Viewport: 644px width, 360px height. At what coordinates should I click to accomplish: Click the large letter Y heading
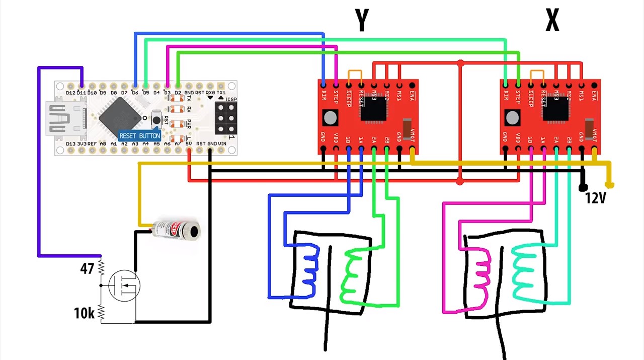click(x=362, y=21)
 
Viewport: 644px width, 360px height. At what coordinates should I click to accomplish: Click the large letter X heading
click(x=552, y=21)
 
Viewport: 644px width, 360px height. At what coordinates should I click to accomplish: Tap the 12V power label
click(x=595, y=198)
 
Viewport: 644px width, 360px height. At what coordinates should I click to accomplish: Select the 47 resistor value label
click(x=87, y=269)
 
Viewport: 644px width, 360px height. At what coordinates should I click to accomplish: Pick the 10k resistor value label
click(x=84, y=313)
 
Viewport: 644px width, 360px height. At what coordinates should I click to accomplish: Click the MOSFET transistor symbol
click(x=124, y=286)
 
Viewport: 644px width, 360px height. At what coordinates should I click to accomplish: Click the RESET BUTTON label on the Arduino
click(x=139, y=135)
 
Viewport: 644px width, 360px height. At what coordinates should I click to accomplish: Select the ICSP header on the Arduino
click(x=226, y=118)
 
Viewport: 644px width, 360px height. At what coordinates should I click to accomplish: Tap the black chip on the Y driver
click(x=373, y=108)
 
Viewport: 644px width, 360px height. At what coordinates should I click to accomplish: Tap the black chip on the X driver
click(x=555, y=108)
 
